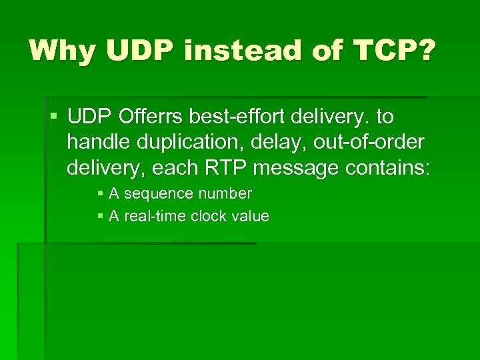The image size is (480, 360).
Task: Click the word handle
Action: tap(99, 143)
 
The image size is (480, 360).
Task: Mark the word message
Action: tap(297, 168)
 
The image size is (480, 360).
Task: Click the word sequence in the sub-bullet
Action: tap(156, 194)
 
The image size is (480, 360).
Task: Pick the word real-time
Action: tap(155, 216)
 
